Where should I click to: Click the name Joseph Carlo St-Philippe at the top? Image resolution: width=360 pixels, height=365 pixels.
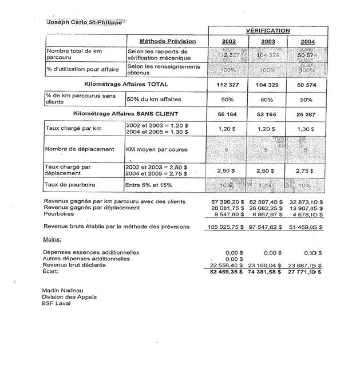click(82, 22)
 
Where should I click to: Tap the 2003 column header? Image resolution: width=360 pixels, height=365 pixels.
click(268, 41)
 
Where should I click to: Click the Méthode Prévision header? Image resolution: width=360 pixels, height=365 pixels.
click(167, 41)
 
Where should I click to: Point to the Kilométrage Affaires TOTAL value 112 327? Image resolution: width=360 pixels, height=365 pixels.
click(227, 85)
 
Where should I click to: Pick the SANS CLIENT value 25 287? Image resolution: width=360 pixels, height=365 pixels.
click(307, 113)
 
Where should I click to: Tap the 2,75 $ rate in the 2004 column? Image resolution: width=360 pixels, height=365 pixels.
click(307, 170)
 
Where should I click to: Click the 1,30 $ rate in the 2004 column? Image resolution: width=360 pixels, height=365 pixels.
click(307, 129)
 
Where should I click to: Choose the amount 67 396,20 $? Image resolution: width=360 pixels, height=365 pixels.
click(228, 202)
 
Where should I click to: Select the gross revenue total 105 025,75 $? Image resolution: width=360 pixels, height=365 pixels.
click(227, 227)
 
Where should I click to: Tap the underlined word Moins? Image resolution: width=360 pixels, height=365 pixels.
click(53, 239)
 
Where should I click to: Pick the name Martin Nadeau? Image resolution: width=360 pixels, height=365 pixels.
click(62, 291)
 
